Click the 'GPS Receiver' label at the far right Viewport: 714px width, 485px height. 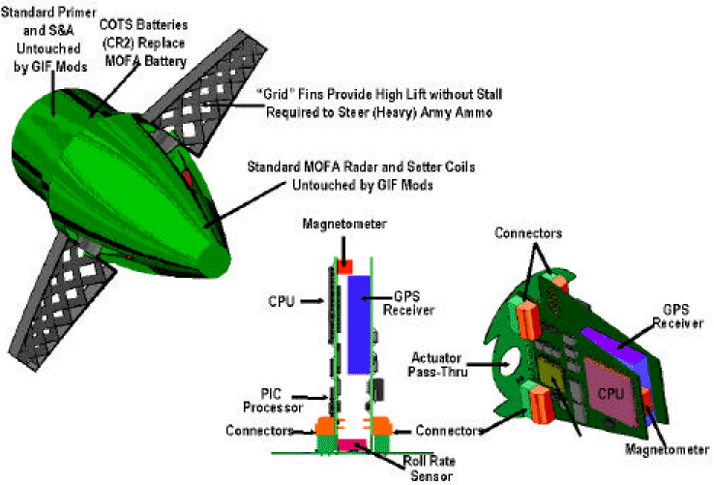tap(678, 315)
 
